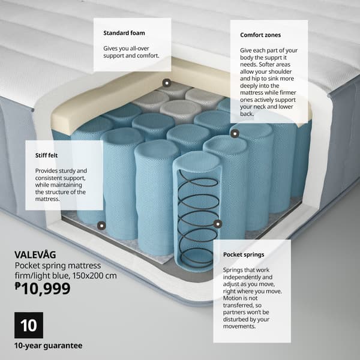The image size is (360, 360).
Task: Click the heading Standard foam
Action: click(124, 32)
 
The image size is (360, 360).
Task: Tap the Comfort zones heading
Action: click(260, 35)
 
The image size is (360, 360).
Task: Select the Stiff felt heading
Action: click(47, 155)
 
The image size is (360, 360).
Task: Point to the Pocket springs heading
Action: click(244, 255)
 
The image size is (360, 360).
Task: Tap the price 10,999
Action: click(46, 289)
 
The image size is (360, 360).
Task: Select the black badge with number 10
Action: click(28, 326)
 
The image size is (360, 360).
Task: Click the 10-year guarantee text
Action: click(49, 346)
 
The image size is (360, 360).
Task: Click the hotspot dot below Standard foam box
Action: click(166, 83)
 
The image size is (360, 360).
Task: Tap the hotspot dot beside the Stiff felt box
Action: click(100, 226)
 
